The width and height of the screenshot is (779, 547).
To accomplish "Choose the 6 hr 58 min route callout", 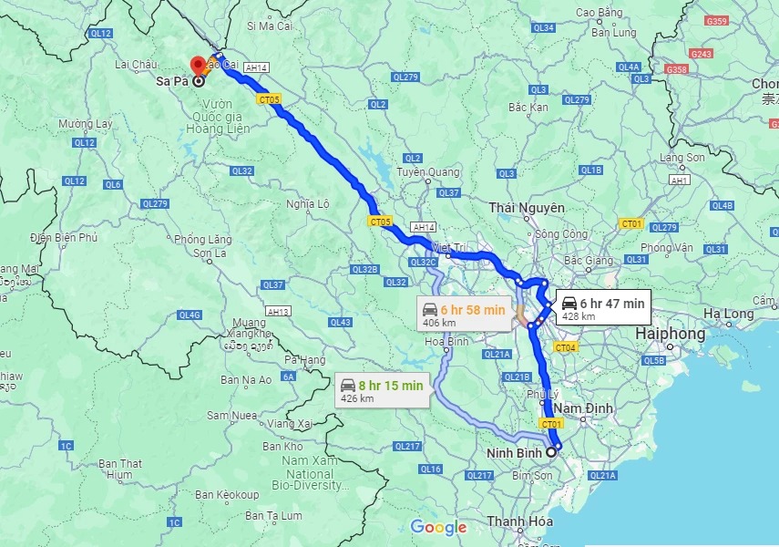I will pos(463,315).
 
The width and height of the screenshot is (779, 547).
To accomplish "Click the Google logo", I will pos(438,527).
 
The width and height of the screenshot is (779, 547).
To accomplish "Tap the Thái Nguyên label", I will pos(527,209).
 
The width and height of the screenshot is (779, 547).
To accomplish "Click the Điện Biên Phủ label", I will pos(63,238).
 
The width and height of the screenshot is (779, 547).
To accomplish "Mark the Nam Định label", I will pos(593,407).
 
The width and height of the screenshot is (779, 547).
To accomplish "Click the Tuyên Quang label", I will pos(427,172).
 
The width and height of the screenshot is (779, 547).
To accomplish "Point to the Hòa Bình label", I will pos(446,342).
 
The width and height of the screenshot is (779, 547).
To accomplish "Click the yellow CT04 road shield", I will pos(566,347).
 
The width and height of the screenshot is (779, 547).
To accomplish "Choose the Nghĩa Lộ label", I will pos(307,204).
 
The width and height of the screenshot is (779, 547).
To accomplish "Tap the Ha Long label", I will pos(726,314).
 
